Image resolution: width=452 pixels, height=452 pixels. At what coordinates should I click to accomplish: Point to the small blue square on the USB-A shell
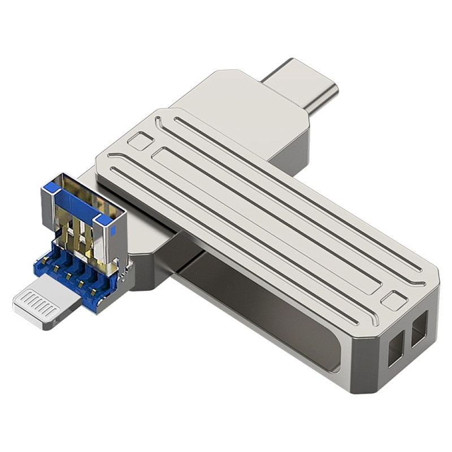[115, 231]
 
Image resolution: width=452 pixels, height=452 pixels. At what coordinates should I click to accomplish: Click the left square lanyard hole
[396, 341]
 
